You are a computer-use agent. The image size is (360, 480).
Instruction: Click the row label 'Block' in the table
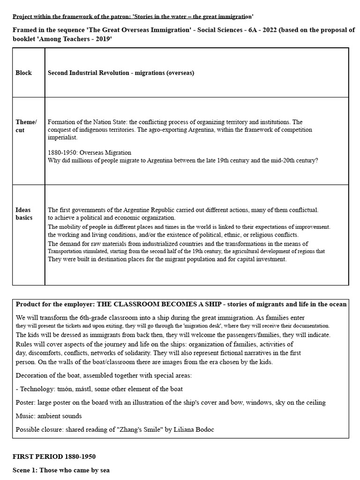[x=23, y=73]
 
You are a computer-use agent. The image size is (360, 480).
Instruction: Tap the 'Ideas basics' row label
[x=24, y=214]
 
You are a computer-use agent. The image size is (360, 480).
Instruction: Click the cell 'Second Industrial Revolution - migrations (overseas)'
[x=121, y=73]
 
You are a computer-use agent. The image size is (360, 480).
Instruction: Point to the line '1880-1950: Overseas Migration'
[x=90, y=152]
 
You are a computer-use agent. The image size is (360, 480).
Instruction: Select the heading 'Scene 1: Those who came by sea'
[x=60, y=470]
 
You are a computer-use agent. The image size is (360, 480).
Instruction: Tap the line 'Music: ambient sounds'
[x=49, y=416]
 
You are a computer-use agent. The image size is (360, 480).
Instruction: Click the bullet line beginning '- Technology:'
[x=99, y=389]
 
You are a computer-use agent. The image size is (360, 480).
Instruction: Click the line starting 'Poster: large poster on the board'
[x=171, y=402]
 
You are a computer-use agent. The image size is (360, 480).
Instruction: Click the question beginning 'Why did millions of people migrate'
[x=183, y=160]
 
